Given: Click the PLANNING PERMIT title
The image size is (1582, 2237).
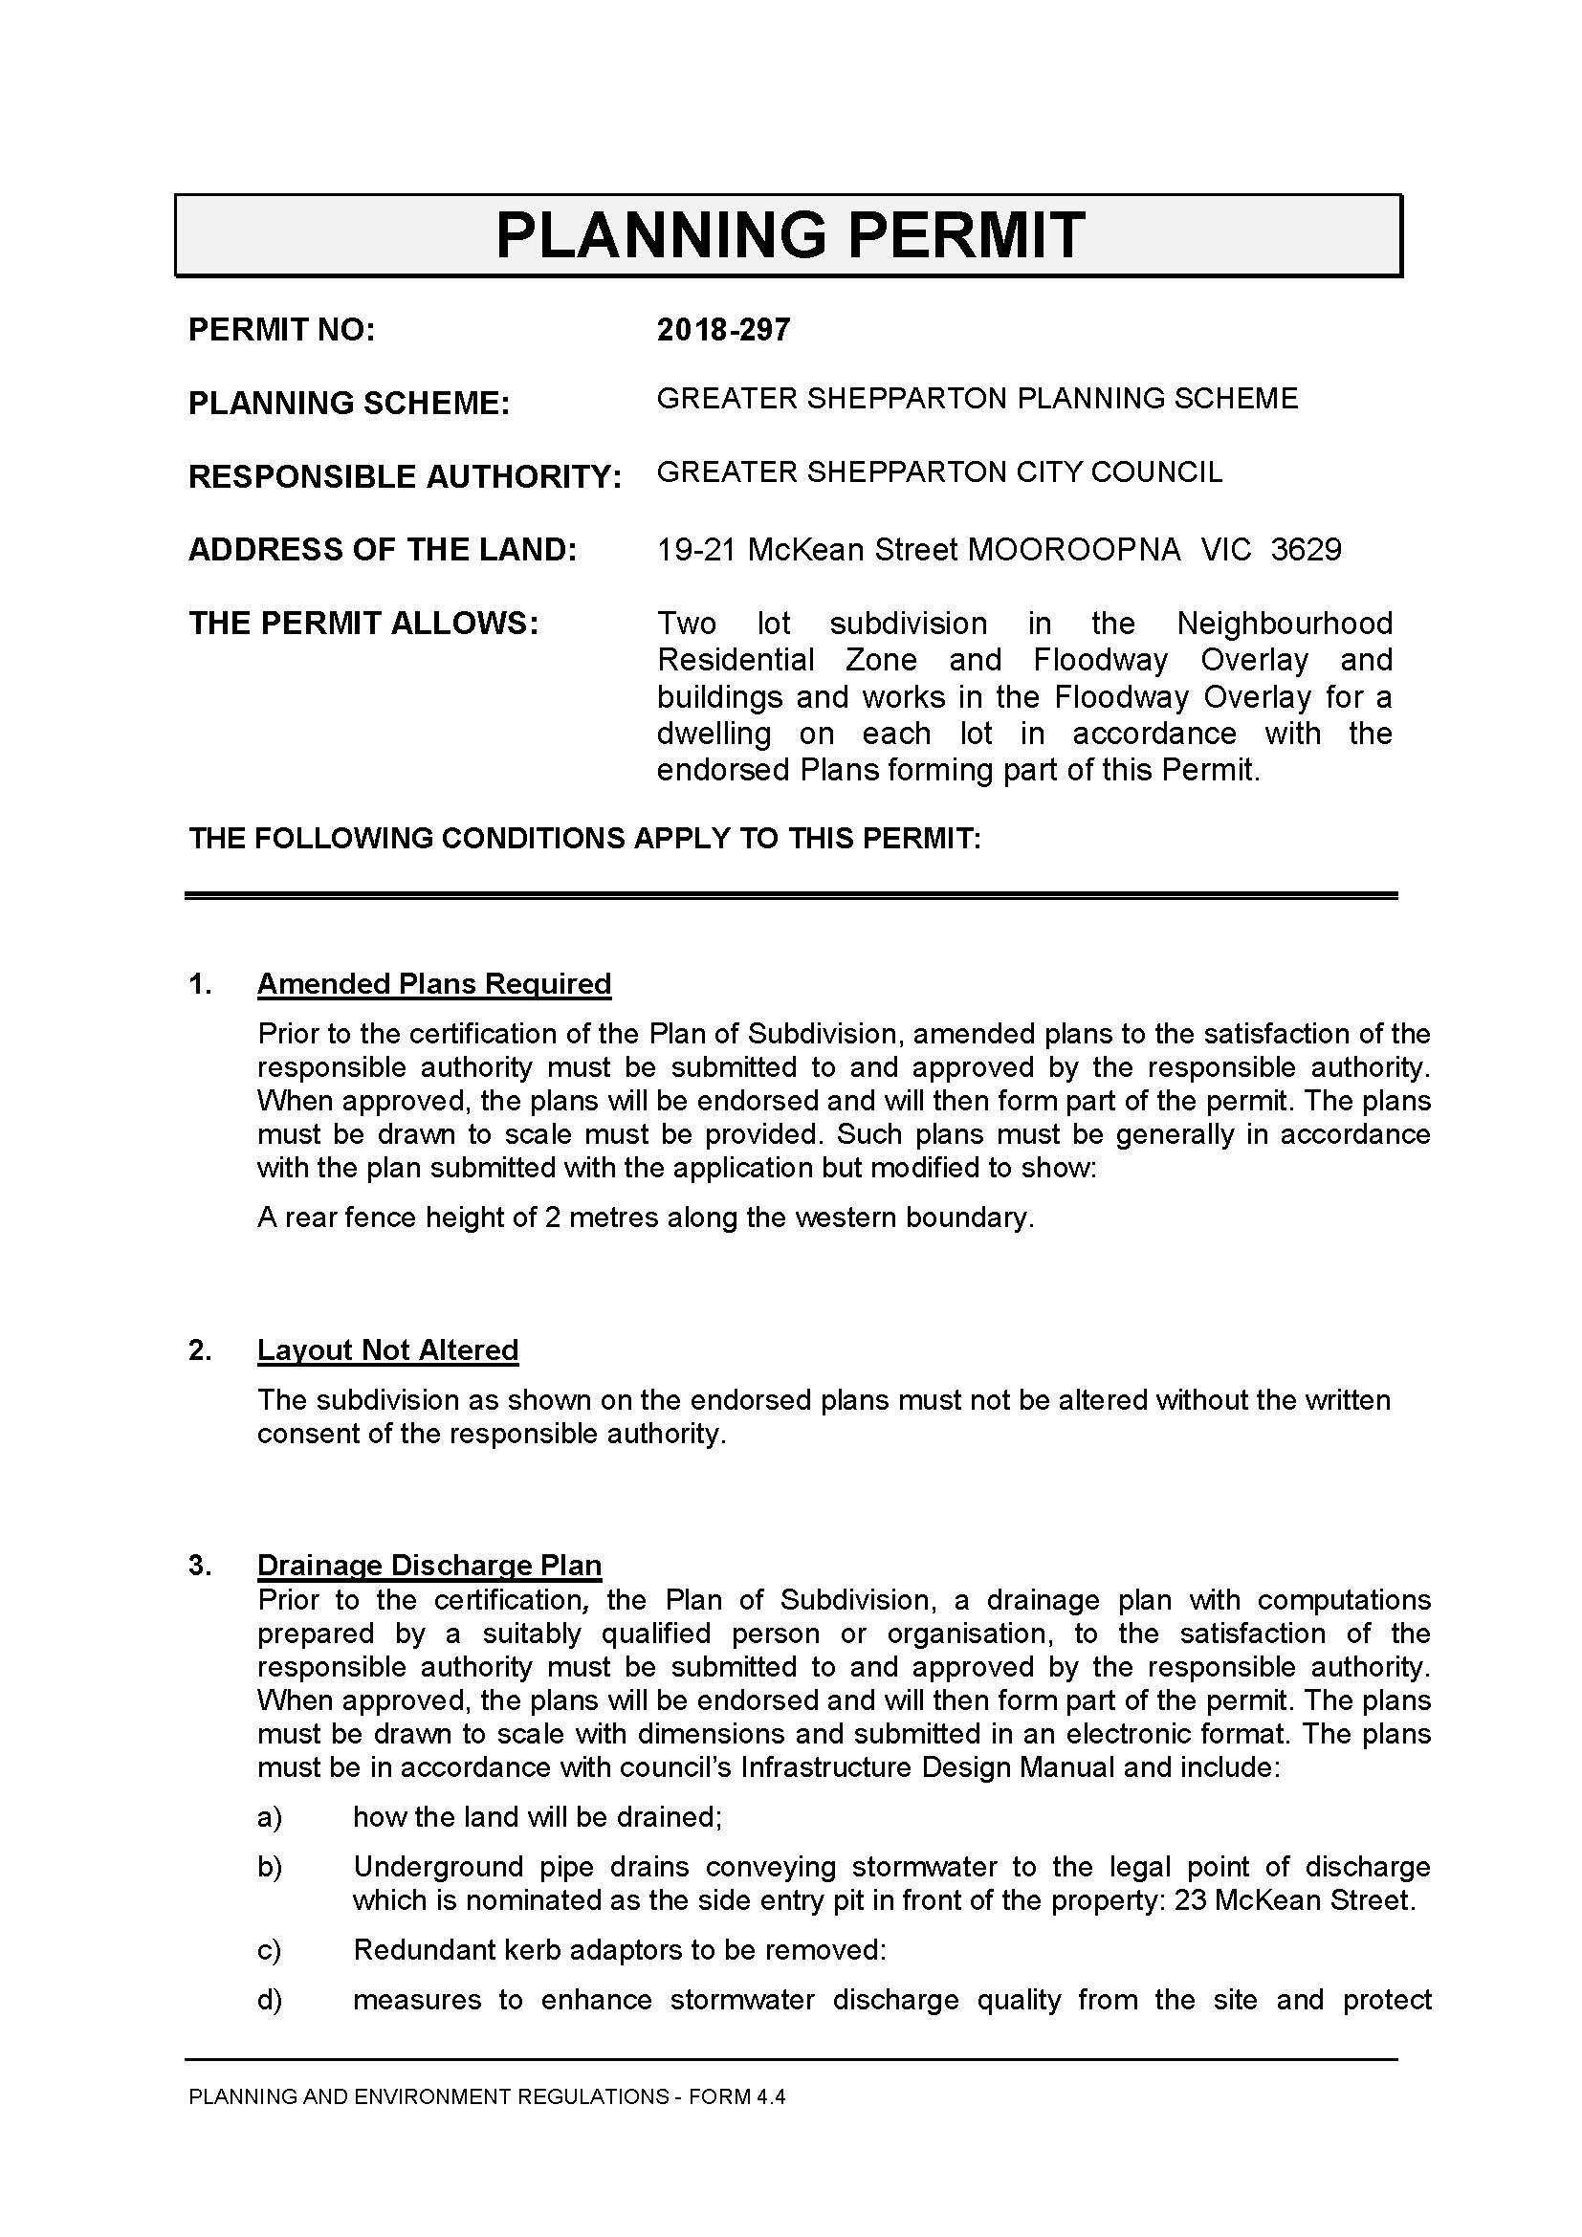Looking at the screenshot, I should pos(789,235).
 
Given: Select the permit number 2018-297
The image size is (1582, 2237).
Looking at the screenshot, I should pos(723,330).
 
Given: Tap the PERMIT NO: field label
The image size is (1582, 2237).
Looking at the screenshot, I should pos(281,330).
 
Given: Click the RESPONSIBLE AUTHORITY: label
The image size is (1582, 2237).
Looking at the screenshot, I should pos(405,476).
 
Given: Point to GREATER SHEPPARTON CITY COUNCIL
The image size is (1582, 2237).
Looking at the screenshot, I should pos(939,472).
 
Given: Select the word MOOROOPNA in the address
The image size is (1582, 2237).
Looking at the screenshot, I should pos(1072,550).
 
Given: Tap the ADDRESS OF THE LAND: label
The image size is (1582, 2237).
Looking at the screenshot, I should pos(383,550).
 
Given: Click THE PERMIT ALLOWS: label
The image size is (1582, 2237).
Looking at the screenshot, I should pos(363,623).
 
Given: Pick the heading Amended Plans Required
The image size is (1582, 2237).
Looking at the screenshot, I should pos(433,984).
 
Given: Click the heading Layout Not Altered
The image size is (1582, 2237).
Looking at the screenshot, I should pos(387,1349).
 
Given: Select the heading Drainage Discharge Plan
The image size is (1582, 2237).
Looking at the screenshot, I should pos(428,1565).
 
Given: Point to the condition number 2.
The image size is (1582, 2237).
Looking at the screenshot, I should pos(200,1350).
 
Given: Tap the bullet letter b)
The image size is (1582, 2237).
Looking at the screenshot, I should pos(269,1867).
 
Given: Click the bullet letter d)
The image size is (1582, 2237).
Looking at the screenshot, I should pos(269,2000).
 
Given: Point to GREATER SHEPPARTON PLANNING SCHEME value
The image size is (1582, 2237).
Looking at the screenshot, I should pos(978,399).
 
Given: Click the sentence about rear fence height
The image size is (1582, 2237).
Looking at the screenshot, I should pos(645,1217).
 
